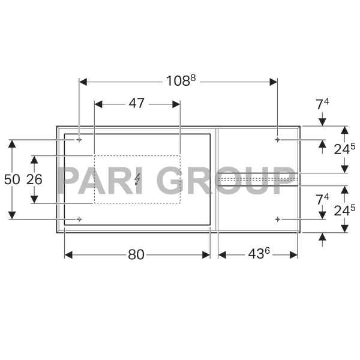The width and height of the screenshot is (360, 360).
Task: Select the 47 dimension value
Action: (x=137, y=103)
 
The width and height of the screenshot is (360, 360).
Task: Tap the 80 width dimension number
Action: (x=136, y=254)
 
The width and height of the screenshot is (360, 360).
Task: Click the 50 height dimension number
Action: (x=11, y=179)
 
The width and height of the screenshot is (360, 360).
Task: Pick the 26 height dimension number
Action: (x=34, y=179)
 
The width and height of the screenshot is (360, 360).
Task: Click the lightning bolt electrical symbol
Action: (x=137, y=179)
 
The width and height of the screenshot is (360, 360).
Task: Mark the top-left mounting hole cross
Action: (x=79, y=140)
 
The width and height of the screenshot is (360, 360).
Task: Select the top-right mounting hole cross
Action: (x=277, y=140)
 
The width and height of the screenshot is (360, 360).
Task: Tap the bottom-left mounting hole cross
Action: (x=79, y=219)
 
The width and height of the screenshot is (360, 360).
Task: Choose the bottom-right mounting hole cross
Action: (x=277, y=219)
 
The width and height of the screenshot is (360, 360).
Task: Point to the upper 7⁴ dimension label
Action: (x=322, y=104)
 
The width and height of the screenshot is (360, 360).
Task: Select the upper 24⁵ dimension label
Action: (x=344, y=149)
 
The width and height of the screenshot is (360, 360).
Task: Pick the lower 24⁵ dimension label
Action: (x=344, y=209)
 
